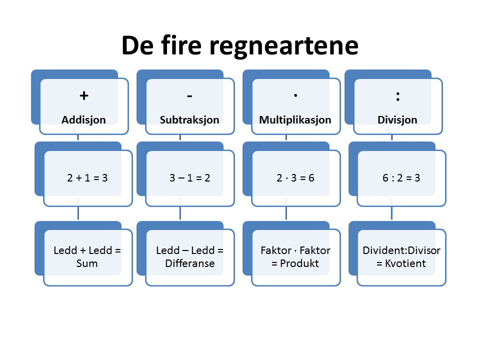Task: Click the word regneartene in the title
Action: point(283,45)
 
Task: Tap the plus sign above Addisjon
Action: point(84,95)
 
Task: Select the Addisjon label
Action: point(84,120)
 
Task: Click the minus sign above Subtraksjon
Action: point(189,95)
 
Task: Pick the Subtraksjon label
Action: point(189,120)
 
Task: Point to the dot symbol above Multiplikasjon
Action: point(295,94)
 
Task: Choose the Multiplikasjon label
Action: point(295,120)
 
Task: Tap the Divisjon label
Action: point(398,120)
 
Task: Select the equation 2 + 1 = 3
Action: point(87,177)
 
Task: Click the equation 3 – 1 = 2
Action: point(189,177)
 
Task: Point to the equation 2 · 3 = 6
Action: point(295,177)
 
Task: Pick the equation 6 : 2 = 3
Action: point(401,177)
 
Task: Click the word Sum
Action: point(87,263)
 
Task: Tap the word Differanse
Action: point(189,263)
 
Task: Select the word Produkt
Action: point(300,263)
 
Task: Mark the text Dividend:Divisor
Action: point(401,250)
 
